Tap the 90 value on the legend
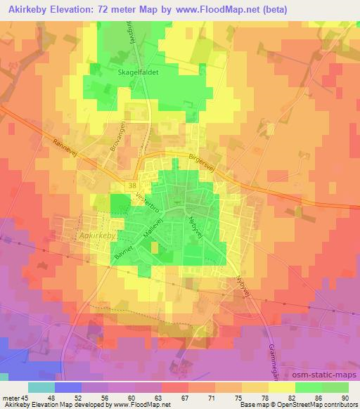[x=345, y=398]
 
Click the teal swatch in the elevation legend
[x=41, y=387]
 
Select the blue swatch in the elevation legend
[x=68, y=387]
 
